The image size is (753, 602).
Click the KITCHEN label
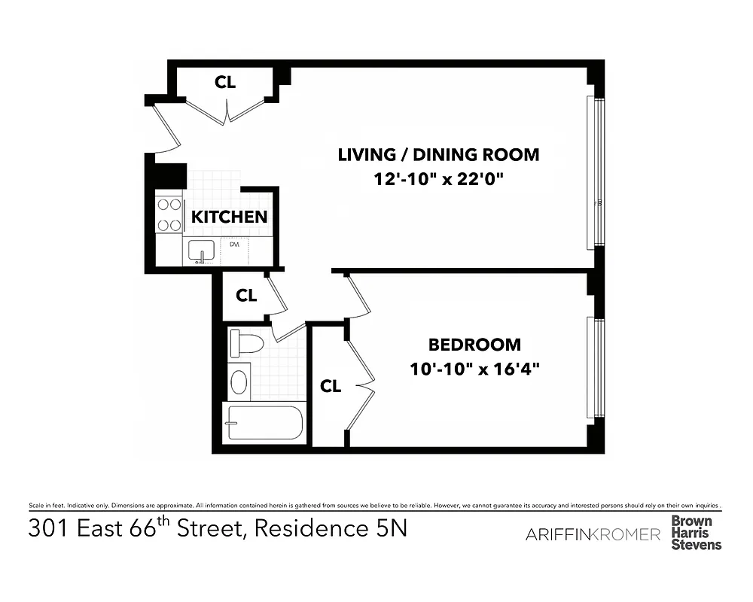[229, 217]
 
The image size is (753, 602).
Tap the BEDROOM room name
[474, 345]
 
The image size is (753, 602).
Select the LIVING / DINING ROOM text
[438, 155]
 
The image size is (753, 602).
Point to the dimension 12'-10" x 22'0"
[438, 181]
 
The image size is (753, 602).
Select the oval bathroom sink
[239, 382]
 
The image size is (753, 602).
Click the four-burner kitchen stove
[169, 214]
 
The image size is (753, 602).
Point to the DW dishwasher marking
[234, 245]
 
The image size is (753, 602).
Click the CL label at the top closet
[225, 82]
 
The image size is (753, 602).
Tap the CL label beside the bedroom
[331, 386]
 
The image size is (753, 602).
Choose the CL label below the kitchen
[246, 296]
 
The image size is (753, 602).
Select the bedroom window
[598, 367]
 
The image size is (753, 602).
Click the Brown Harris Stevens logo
[696, 533]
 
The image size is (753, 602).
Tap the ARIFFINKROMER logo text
[592, 534]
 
